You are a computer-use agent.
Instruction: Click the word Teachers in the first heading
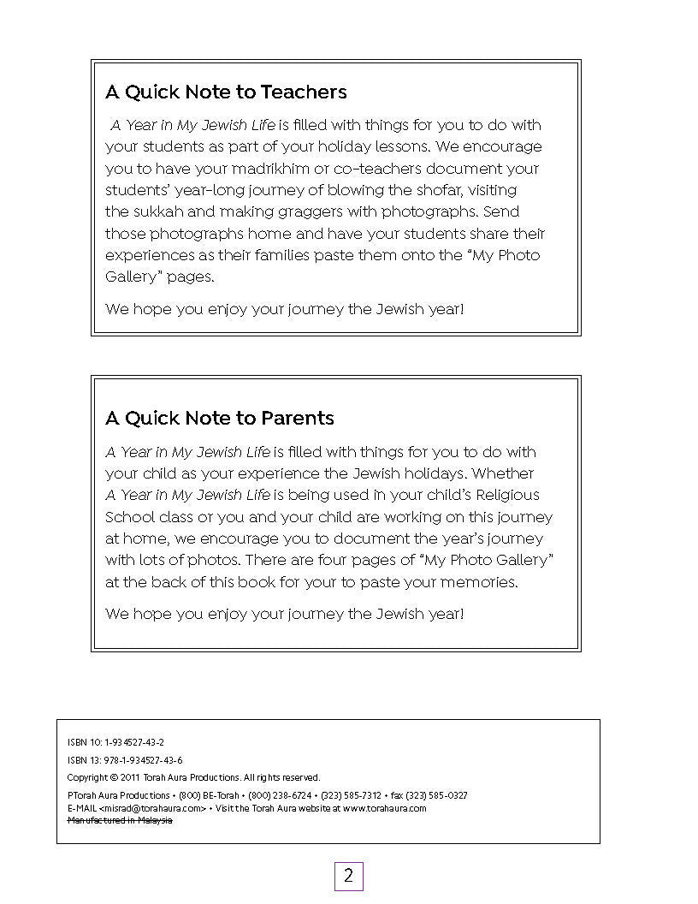click(304, 92)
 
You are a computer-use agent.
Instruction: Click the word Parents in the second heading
click(297, 418)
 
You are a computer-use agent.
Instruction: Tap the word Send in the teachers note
click(500, 211)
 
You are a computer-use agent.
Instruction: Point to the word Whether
click(503, 473)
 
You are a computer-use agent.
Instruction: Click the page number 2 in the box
click(348, 876)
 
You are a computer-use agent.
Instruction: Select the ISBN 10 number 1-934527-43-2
click(134, 742)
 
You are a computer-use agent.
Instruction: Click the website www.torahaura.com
click(385, 807)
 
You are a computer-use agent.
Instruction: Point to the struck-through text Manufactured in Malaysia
click(120, 820)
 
